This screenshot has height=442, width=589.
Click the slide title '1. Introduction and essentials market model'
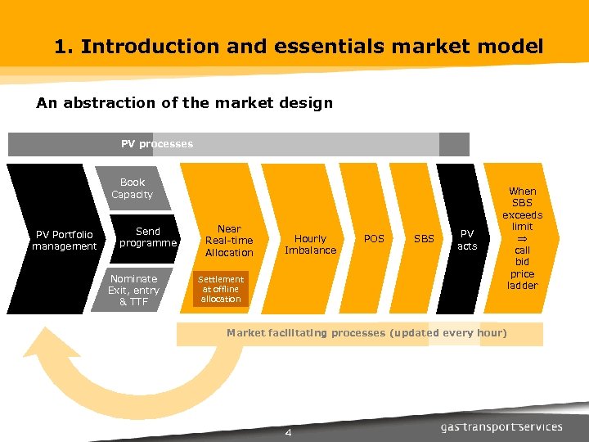(299, 47)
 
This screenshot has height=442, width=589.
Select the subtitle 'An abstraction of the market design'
(184, 103)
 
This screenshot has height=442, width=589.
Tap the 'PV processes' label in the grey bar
(157, 144)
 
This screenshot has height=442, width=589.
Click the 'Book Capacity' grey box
(132, 189)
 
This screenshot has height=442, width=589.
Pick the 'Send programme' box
(148, 237)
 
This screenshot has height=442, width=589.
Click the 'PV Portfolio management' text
(64, 241)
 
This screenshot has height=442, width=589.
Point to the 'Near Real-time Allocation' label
(229, 241)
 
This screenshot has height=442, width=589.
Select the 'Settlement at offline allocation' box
(221, 289)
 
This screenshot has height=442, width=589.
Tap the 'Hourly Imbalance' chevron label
(310, 244)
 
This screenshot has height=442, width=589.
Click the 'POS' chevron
(374, 239)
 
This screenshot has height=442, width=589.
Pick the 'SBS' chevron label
(424, 239)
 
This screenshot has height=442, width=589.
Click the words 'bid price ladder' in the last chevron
(522, 273)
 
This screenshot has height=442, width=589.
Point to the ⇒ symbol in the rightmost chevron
(522, 238)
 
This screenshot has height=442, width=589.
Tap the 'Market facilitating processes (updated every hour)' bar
(366, 333)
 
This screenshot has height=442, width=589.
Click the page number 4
(288, 432)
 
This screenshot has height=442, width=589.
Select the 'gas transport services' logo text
(501, 426)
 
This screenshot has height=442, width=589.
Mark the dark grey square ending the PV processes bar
(454, 144)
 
